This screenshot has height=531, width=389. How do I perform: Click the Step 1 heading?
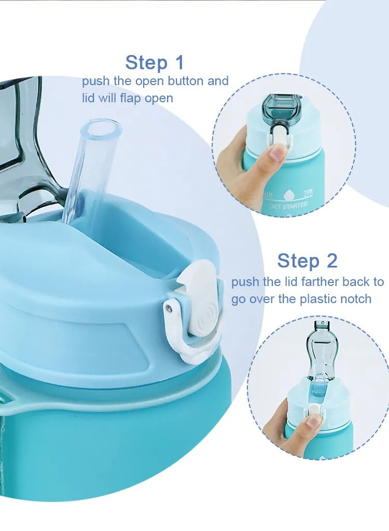click(155, 63)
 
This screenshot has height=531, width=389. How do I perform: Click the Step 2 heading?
click(307, 261)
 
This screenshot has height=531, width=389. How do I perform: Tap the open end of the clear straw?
click(102, 126)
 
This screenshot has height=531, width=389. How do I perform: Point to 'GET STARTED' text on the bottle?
click(288, 206)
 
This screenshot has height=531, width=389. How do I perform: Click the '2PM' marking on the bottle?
click(308, 194)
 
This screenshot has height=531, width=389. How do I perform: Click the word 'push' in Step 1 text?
click(96, 81)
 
